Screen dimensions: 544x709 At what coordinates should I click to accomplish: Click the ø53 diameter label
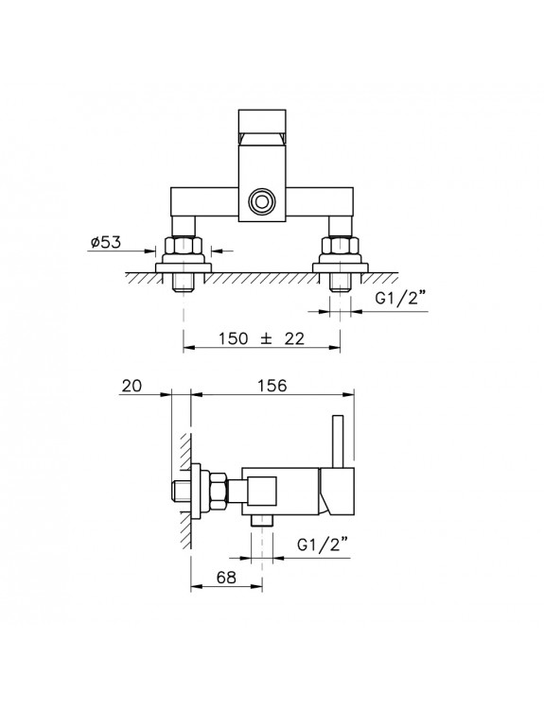[106, 242]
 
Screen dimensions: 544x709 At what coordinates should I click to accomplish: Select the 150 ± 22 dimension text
[261, 338]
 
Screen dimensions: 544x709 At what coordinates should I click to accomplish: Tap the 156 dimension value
[272, 386]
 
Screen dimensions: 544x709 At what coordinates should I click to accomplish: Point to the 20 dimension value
[132, 386]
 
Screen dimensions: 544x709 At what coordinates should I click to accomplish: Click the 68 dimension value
[226, 578]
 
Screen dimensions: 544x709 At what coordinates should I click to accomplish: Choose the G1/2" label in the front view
[401, 299]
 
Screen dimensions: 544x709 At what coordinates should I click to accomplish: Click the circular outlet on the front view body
[261, 200]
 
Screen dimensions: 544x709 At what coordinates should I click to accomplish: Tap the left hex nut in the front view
[184, 246]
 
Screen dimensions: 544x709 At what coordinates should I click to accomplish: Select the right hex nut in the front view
[341, 246]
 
